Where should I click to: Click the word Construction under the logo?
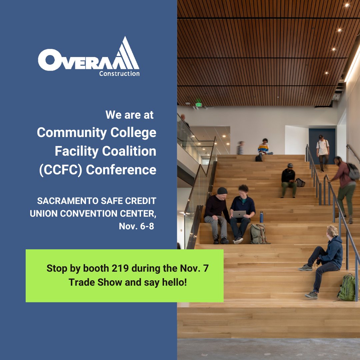coord(119,73)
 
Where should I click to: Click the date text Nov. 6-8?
coord(136,226)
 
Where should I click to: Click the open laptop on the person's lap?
coord(239,214)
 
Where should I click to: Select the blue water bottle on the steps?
coord(261,217)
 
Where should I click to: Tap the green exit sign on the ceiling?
coord(199,105)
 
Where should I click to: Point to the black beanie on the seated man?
coord(222,190)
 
